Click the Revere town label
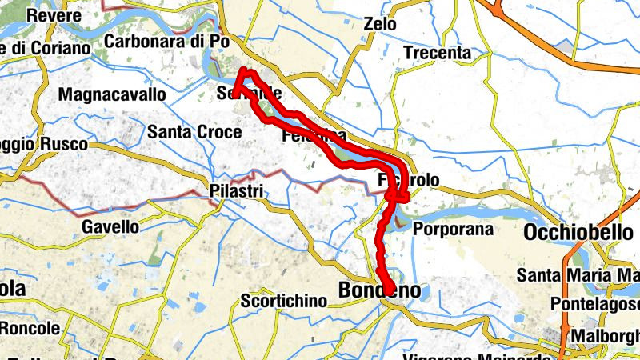click(54, 16)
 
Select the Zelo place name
click(379, 24)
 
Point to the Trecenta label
click(437, 53)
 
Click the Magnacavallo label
click(112, 94)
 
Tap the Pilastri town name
click(234, 192)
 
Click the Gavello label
click(110, 226)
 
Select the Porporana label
click(454, 229)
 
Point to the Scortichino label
click(284, 301)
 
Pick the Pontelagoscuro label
click(596, 305)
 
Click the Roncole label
click(30, 328)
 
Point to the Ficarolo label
click(408, 182)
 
